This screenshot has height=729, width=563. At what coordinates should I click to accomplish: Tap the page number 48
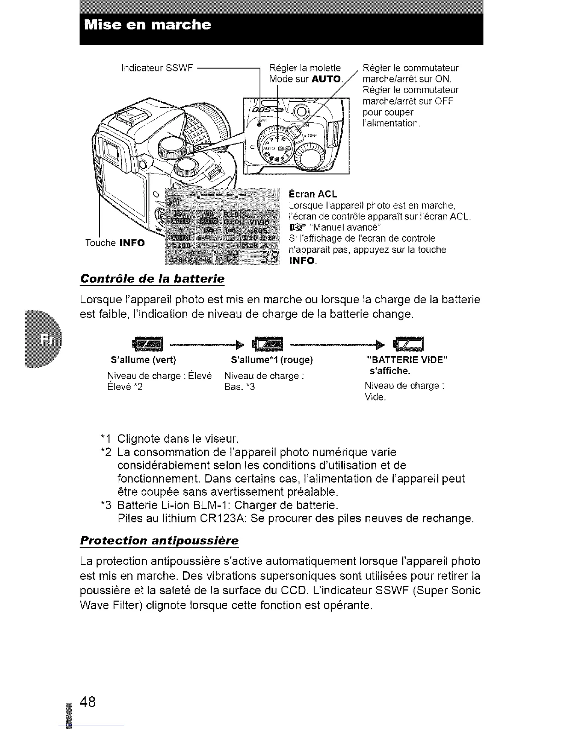click(87, 701)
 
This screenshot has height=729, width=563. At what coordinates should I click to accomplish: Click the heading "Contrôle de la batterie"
click(152, 278)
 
